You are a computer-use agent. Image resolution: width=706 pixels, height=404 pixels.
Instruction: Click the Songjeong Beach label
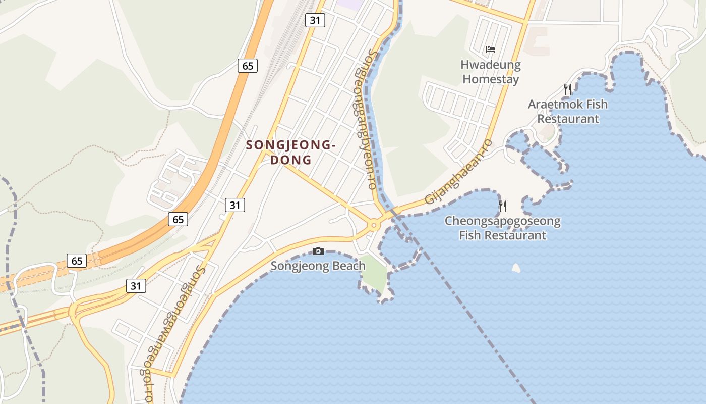pos(318,266)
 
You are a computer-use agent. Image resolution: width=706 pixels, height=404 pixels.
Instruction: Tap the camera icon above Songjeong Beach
pos(318,251)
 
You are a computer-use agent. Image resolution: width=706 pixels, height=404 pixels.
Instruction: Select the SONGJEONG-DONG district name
pos(290,153)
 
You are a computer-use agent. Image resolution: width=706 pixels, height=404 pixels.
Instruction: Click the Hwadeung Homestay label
pos(490,72)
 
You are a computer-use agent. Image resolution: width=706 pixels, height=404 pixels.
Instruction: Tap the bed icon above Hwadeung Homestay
pos(490,49)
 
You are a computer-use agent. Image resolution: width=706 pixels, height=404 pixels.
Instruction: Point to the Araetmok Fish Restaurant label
pos(568,112)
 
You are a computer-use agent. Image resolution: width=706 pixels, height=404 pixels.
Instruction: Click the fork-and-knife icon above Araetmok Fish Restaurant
pos(568,89)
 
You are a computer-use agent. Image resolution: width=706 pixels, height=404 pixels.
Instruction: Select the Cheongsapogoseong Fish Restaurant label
pos(502,228)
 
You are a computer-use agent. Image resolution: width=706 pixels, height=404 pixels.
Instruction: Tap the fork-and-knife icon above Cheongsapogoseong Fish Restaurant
pos(502,206)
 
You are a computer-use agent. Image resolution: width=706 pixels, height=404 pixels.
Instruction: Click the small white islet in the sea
pos(516,268)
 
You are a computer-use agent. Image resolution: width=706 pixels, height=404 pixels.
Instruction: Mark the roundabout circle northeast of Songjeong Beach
pos(374,225)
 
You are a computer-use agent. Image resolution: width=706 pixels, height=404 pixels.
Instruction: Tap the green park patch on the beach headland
pos(374,272)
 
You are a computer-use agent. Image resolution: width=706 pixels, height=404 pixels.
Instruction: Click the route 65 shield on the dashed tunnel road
pos(77,261)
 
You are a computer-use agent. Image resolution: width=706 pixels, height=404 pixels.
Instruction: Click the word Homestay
pos(490,79)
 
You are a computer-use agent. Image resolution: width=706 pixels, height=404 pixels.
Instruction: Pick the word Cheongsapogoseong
pos(502,221)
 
